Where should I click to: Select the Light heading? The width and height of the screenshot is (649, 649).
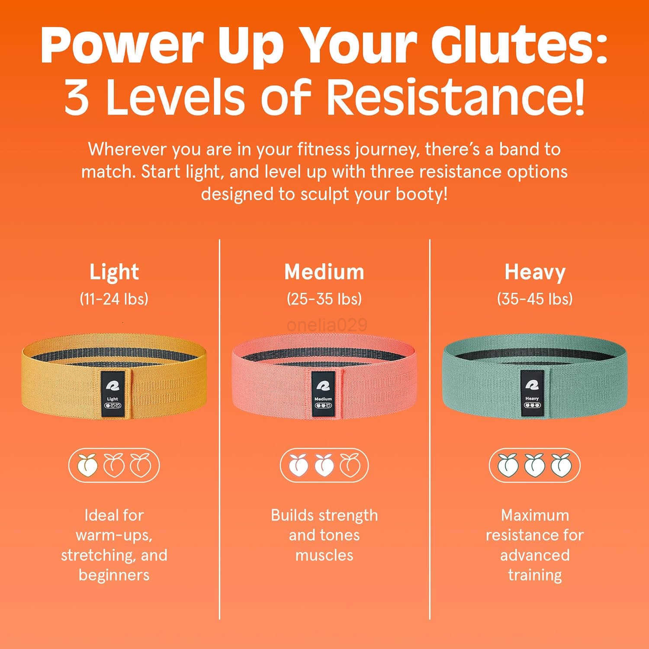pos(114,272)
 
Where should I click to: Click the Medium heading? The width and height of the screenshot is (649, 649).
pos(324,272)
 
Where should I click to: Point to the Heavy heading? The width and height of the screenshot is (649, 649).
pos(535,272)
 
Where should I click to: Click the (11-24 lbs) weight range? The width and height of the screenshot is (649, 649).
pos(114,299)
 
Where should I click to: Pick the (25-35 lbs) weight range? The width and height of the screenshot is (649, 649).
pos(324,299)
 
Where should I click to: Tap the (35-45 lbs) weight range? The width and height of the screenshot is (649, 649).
pos(535,299)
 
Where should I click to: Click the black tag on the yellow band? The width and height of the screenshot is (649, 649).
pos(112,393)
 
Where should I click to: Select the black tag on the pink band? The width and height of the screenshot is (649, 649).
pos(323,393)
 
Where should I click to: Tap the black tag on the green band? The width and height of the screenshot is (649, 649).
pos(532,393)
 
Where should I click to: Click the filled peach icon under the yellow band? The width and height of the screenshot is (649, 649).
pos(87,465)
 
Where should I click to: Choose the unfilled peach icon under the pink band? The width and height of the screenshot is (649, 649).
pos(350,465)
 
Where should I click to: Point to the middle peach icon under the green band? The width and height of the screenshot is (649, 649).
pos(535,465)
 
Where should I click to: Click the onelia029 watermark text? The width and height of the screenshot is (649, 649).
pos(327,325)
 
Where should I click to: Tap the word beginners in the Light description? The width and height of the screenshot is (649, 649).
pos(114,575)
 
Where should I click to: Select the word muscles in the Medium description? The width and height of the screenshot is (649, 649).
pos(324,555)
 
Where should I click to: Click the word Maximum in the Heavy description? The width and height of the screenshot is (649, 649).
pos(535,515)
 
